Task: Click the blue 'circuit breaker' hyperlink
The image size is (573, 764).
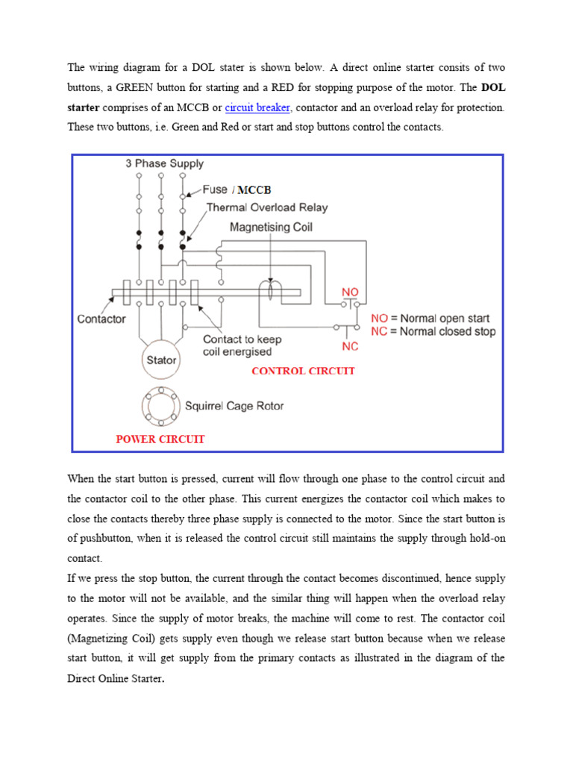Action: coord(257,107)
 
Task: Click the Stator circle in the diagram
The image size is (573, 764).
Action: coord(161,360)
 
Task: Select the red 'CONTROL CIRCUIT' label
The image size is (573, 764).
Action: coord(303,371)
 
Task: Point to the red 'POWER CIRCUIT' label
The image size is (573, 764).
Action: coord(160,439)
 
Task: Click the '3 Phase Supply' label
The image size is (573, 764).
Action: coord(164,163)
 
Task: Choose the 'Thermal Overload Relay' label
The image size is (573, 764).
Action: coord(266,207)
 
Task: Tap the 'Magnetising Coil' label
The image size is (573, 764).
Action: coord(271,227)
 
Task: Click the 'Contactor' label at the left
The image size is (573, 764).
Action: coord(101,319)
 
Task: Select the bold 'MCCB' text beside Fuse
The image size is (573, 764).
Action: coord(254,190)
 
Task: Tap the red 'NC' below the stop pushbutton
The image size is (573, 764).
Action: coord(350,346)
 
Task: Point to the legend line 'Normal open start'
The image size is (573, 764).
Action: coord(433,318)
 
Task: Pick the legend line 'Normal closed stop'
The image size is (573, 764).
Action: coord(433,331)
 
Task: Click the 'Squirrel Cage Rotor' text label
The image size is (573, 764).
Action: coord(234,407)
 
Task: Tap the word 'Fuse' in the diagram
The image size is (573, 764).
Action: coord(215,190)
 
